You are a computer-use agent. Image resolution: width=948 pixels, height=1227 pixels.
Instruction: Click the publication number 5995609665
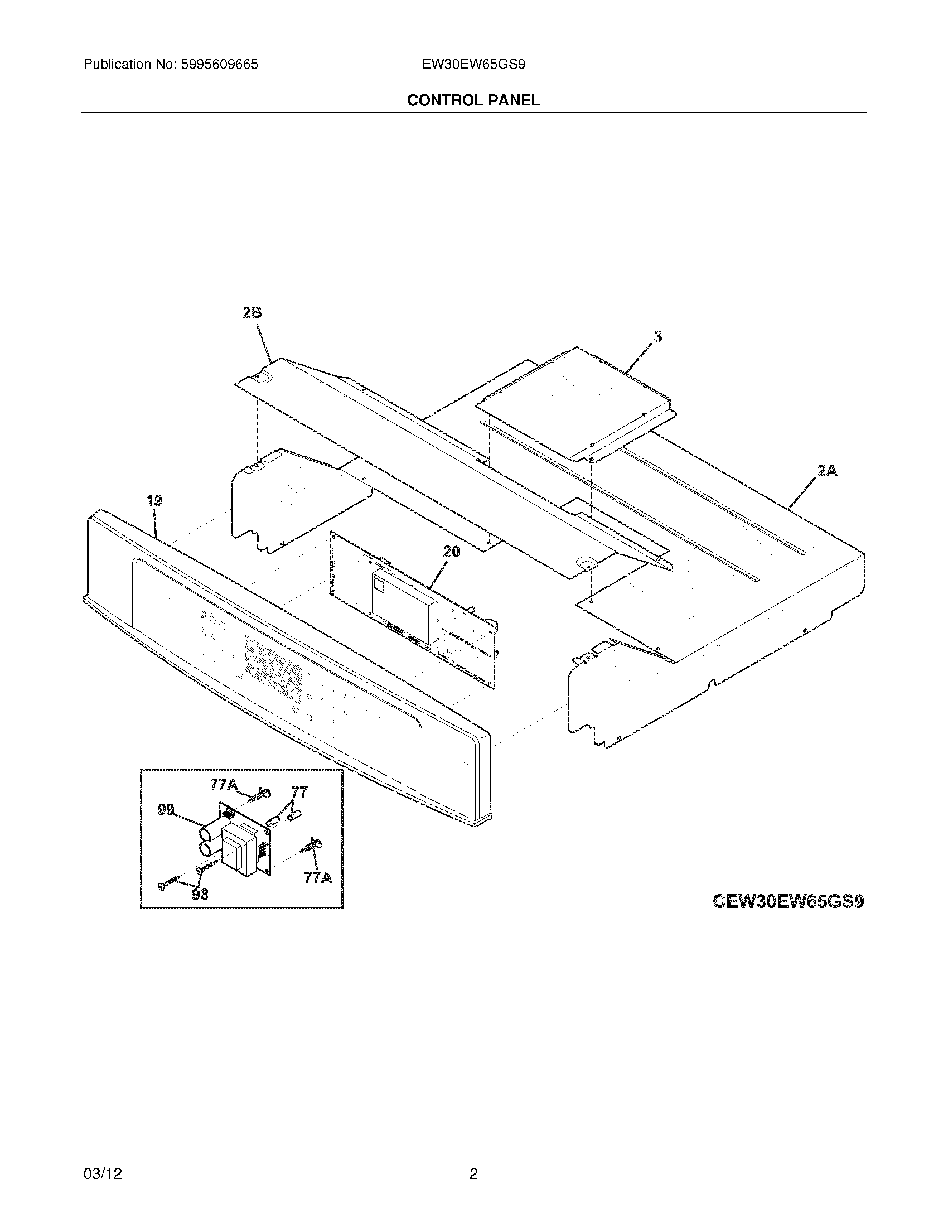point(219,65)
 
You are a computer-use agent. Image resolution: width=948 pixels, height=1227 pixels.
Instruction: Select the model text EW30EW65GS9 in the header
point(474,65)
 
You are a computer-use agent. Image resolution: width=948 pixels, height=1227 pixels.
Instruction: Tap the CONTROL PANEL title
point(473,100)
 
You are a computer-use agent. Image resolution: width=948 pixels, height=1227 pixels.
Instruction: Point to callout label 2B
point(252,313)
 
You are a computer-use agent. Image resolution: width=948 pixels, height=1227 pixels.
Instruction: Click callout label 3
point(657,336)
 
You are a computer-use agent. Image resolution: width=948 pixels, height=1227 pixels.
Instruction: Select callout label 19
point(154,501)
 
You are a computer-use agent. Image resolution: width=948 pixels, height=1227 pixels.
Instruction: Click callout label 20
point(451,552)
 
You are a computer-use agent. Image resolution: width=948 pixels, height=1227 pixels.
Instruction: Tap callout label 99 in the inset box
point(166,810)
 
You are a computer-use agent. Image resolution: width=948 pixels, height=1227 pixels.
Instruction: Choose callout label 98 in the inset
point(200,894)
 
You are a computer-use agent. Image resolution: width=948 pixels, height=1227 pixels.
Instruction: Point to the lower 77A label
point(318,877)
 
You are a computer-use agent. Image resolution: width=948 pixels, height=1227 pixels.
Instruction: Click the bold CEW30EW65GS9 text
point(788,901)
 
